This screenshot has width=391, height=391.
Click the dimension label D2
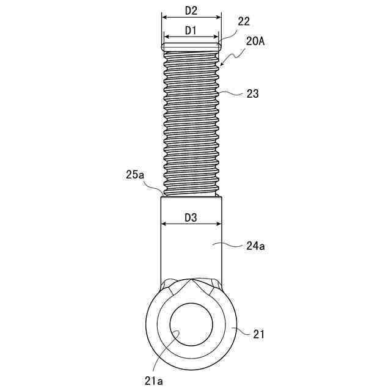coord(191,11)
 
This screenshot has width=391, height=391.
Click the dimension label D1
coord(191,31)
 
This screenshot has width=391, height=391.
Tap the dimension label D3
coord(191,217)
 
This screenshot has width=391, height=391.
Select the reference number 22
coord(244,21)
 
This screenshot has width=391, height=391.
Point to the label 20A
coord(255,41)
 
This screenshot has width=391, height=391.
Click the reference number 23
coord(252,94)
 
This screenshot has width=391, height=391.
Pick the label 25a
coord(135,175)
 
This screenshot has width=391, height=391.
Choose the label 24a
coord(255,246)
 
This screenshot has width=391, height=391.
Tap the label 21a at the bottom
coord(153,381)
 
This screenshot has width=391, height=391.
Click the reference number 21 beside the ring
coord(258,334)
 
